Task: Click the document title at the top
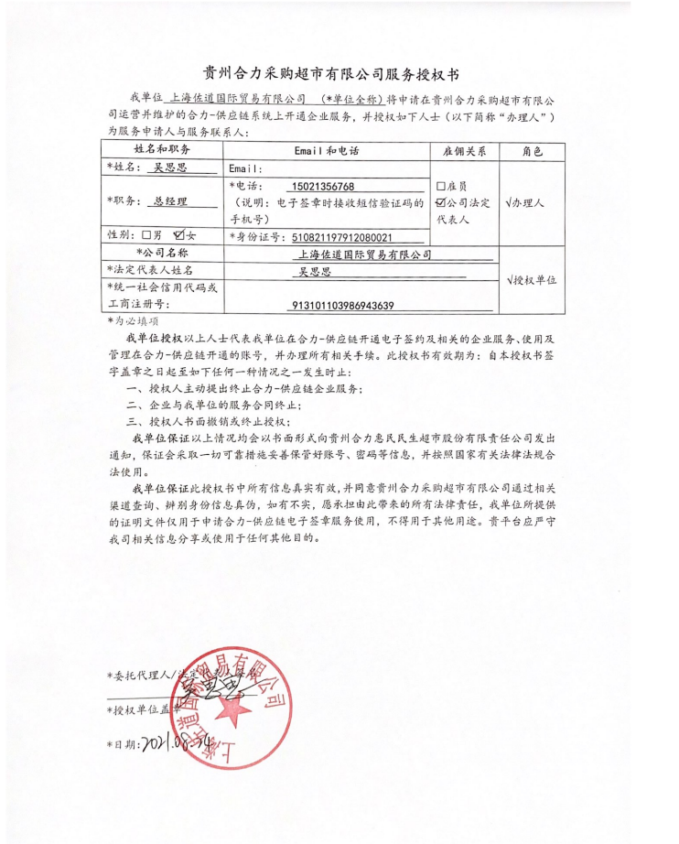[x=339, y=73]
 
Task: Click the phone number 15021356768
[x=320, y=186]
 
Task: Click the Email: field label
[x=245, y=169]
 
